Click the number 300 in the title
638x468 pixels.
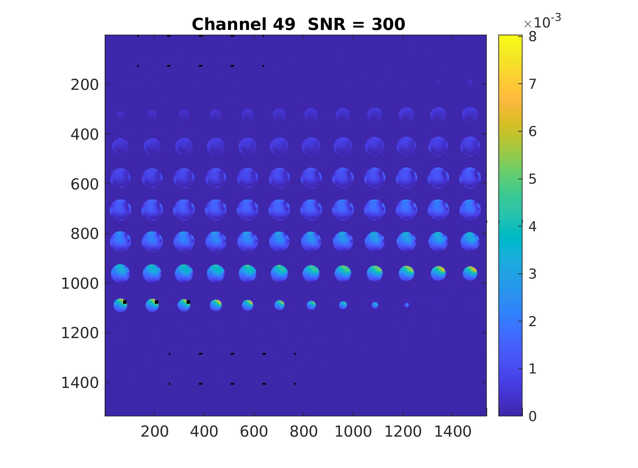[388, 25]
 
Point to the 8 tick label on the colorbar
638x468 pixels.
[532, 36]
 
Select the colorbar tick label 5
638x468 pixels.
[532, 179]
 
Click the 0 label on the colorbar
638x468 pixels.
[532, 416]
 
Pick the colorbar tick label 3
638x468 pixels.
[532, 274]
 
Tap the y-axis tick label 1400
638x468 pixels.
[80, 383]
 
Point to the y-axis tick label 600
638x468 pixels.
[84, 184]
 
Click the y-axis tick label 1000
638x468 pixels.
[80, 284]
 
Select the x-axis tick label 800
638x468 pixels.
[303, 432]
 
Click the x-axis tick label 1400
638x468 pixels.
[453, 432]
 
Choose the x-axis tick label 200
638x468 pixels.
[154, 432]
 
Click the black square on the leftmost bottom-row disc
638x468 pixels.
[125, 302]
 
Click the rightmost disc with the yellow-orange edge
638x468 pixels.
[470, 273]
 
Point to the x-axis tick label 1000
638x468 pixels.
[353, 432]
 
